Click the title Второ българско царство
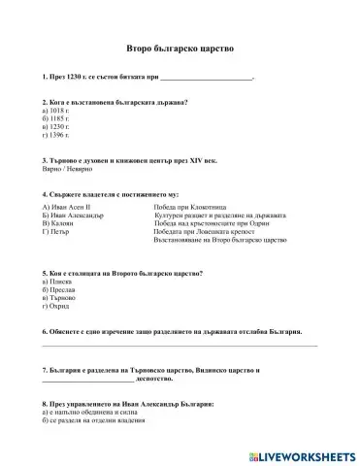tap(180, 47)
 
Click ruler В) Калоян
tap(62, 222)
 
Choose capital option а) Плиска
tap(57, 282)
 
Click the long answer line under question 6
tap(180, 345)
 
